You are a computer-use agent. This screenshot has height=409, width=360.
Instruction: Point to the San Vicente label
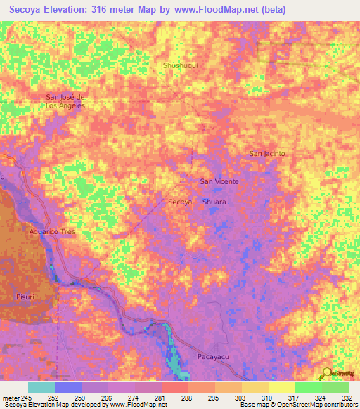219,181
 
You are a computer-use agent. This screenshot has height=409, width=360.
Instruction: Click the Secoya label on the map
181,202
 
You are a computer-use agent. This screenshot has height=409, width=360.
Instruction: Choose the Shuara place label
214,202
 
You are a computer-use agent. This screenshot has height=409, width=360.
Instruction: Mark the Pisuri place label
26,298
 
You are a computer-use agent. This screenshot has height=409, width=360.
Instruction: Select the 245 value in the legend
27,397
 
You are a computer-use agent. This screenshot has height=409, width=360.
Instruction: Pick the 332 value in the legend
347,397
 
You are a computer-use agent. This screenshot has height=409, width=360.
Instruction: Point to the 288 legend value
187,397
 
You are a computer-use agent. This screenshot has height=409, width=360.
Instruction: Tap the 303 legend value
240,397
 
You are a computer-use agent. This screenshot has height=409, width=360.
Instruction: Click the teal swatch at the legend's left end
41,387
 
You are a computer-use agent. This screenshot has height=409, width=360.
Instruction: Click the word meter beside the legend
10,397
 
